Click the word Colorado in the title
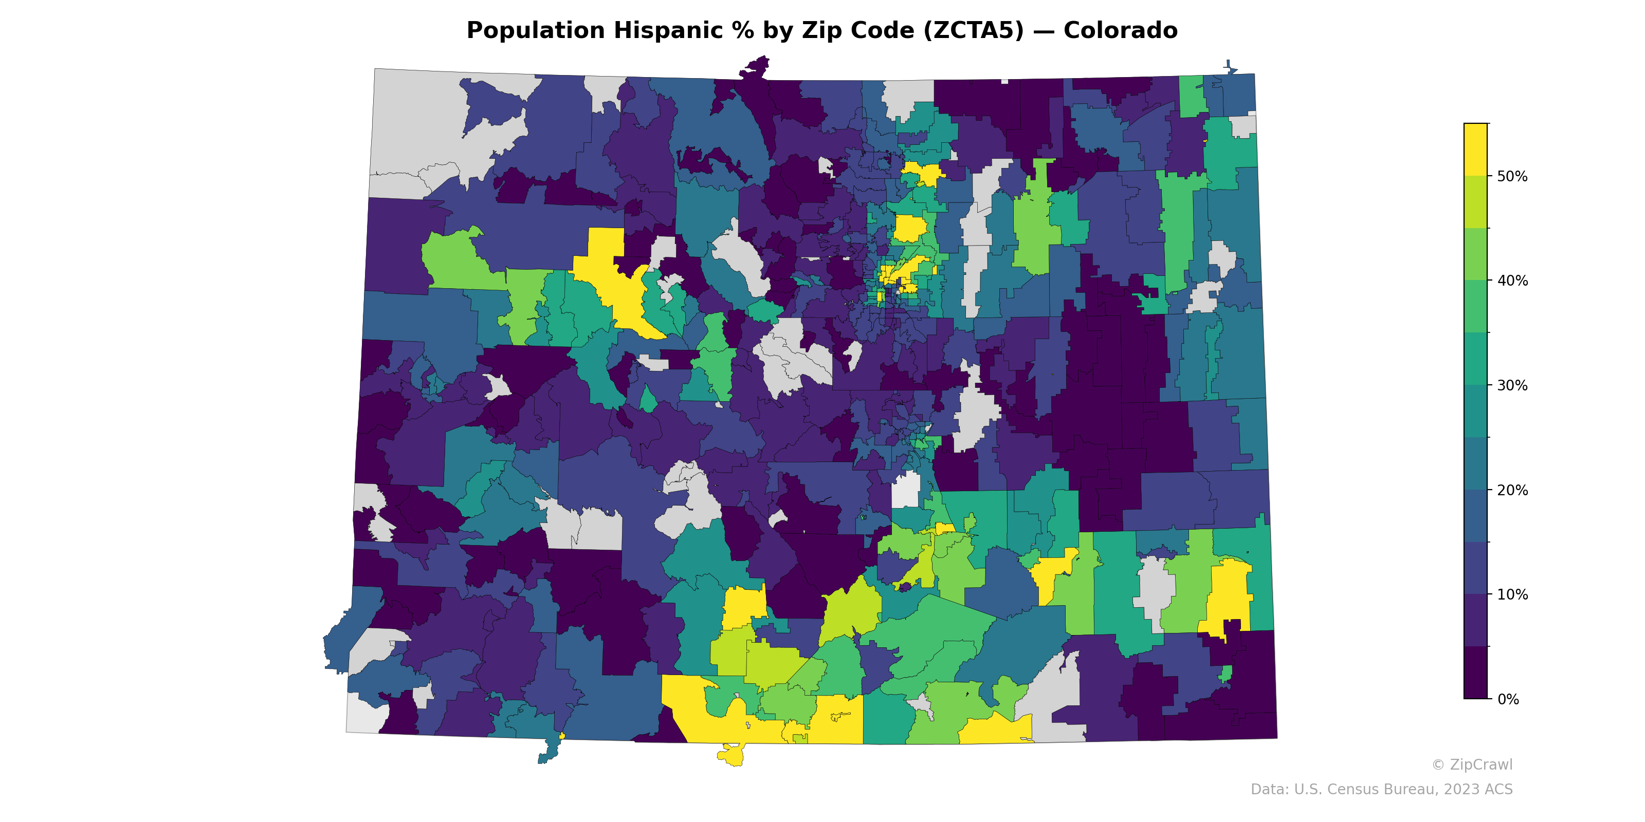[1120, 31]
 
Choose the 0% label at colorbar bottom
[1508, 699]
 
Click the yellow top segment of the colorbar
[1475, 150]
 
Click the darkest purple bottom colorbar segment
[1475, 674]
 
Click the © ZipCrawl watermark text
[1471, 764]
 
